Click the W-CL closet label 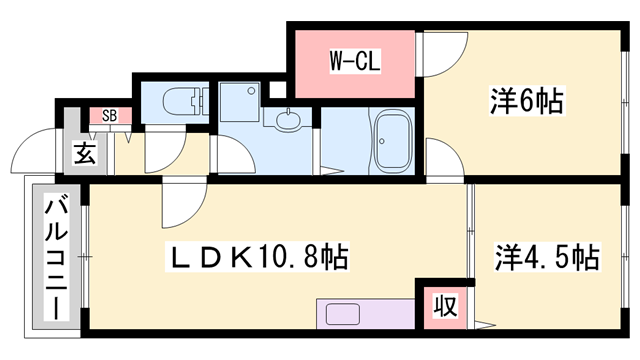[355, 61]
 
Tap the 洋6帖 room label [527, 101]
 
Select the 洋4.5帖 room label [547, 257]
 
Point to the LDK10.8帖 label [257, 257]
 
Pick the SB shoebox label [109, 116]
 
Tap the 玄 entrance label [85, 153]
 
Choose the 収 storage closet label [445, 306]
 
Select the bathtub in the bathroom [393, 141]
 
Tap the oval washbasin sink [288, 120]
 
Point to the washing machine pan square [240, 102]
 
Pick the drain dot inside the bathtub [382, 142]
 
